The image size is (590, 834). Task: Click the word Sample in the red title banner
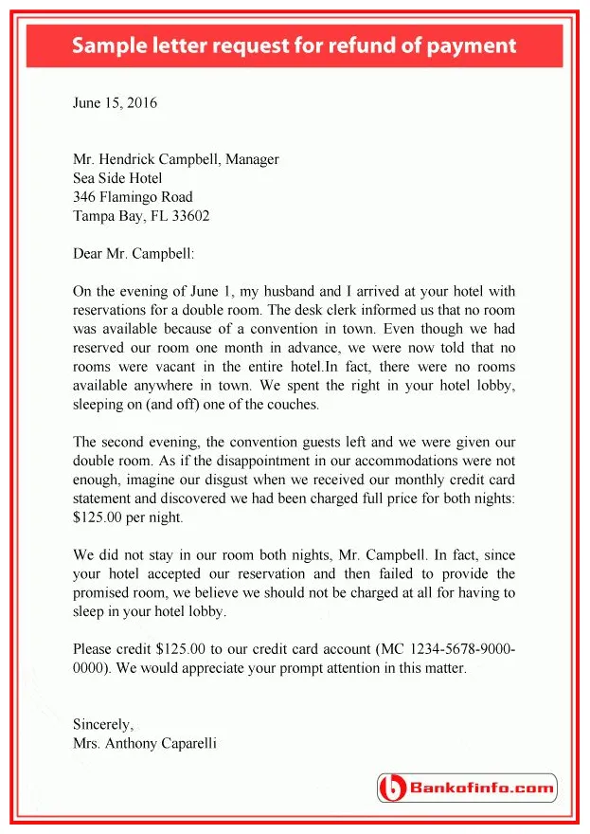(110, 45)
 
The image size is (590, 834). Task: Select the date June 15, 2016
(115, 103)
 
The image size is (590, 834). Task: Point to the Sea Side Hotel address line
(117, 178)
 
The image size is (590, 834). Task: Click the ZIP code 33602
(188, 216)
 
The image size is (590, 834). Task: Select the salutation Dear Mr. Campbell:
(133, 253)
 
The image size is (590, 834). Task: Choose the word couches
(294, 405)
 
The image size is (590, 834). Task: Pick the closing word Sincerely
(102, 725)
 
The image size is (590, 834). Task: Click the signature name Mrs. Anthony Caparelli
(144, 743)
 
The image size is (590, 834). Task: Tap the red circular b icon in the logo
(392, 788)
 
